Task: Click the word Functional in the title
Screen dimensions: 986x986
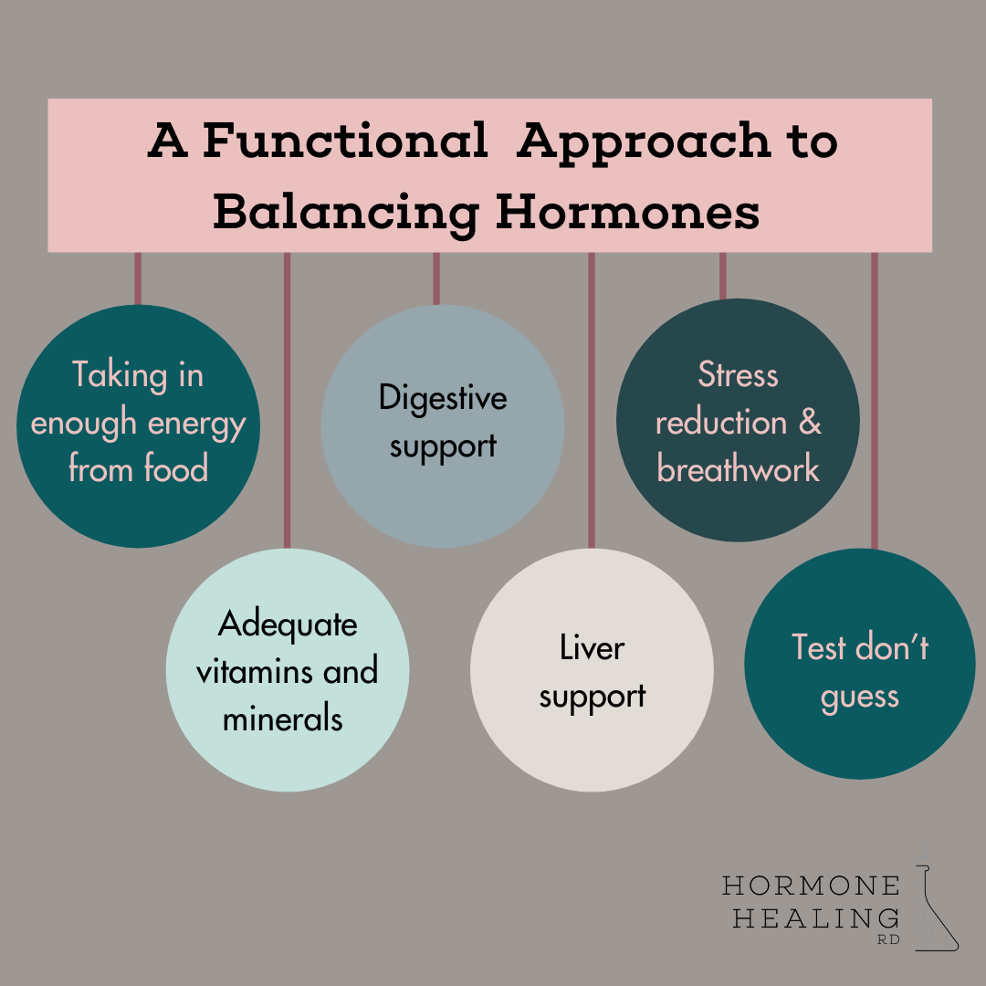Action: pyautogui.click(x=344, y=142)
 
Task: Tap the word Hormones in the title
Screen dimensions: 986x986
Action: pyautogui.click(x=627, y=212)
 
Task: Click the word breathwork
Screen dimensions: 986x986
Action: pyautogui.click(x=738, y=469)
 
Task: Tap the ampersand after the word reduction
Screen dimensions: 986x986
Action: pyautogui.click(x=810, y=423)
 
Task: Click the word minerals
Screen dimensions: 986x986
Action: pyautogui.click(x=283, y=719)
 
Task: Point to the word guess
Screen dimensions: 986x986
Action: pyautogui.click(x=859, y=697)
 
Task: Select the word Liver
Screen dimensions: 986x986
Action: pyautogui.click(x=592, y=647)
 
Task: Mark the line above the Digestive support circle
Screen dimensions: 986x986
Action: pyautogui.click(x=436, y=278)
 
